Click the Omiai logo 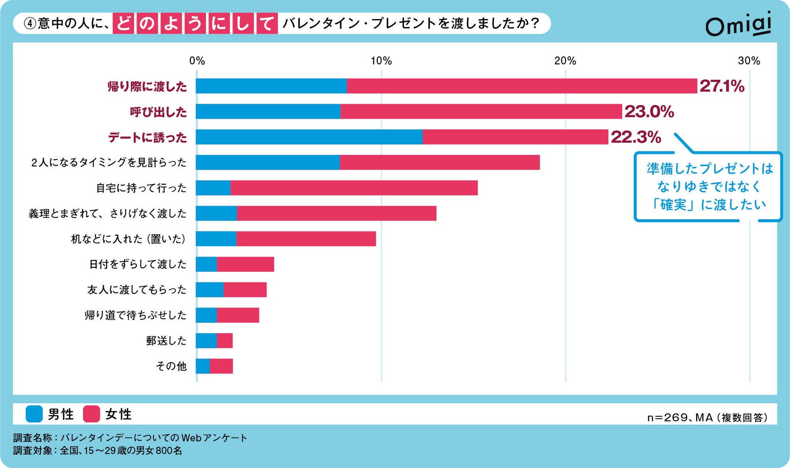coord(738,25)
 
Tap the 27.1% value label coord(722,86)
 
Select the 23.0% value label coord(649,112)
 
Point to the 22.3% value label coord(636,137)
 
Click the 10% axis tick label coord(381,61)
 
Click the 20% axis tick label coord(565,61)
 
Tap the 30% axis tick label coord(749,61)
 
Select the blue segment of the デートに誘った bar coord(309,137)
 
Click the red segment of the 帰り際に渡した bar coord(522,86)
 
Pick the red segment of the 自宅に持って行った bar coord(354,188)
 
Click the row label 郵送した coord(166,341)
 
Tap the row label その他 coord(171,366)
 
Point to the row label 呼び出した coord(158,112)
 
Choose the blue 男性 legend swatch coord(34,414)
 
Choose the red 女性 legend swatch coord(92,414)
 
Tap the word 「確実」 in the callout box coord(672,205)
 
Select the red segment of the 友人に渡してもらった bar coord(245,290)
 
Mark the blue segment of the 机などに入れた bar coord(216,239)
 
